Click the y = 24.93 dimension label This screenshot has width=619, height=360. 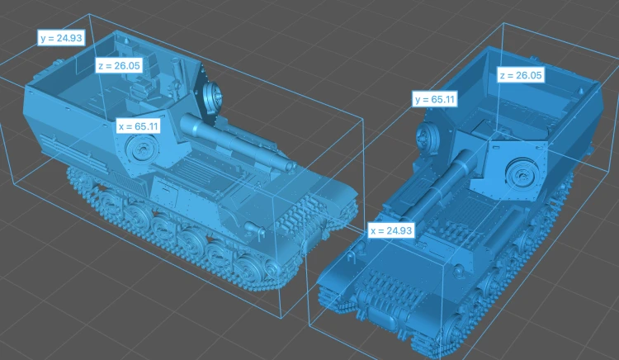(x=61, y=38)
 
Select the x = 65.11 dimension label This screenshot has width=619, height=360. (x=138, y=126)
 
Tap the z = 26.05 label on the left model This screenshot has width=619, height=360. (x=119, y=65)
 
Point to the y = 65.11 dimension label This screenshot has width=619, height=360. (x=435, y=99)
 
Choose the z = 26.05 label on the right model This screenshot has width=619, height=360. (x=521, y=75)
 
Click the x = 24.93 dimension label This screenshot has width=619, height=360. (x=391, y=230)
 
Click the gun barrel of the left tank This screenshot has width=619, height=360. (x=237, y=143)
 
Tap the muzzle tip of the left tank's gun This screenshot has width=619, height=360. (x=291, y=167)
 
